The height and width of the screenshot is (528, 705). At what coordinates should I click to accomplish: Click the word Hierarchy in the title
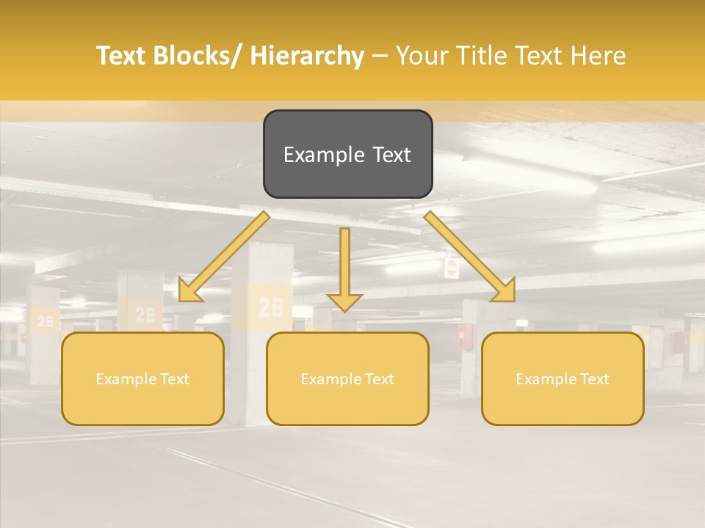[x=307, y=56]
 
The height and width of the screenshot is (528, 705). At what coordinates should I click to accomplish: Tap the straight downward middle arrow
[x=344, y=268]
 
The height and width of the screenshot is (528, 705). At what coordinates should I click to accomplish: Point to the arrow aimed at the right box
[x=470, y=257]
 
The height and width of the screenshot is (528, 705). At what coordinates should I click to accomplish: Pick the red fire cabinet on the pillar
[x=464, y=336]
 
